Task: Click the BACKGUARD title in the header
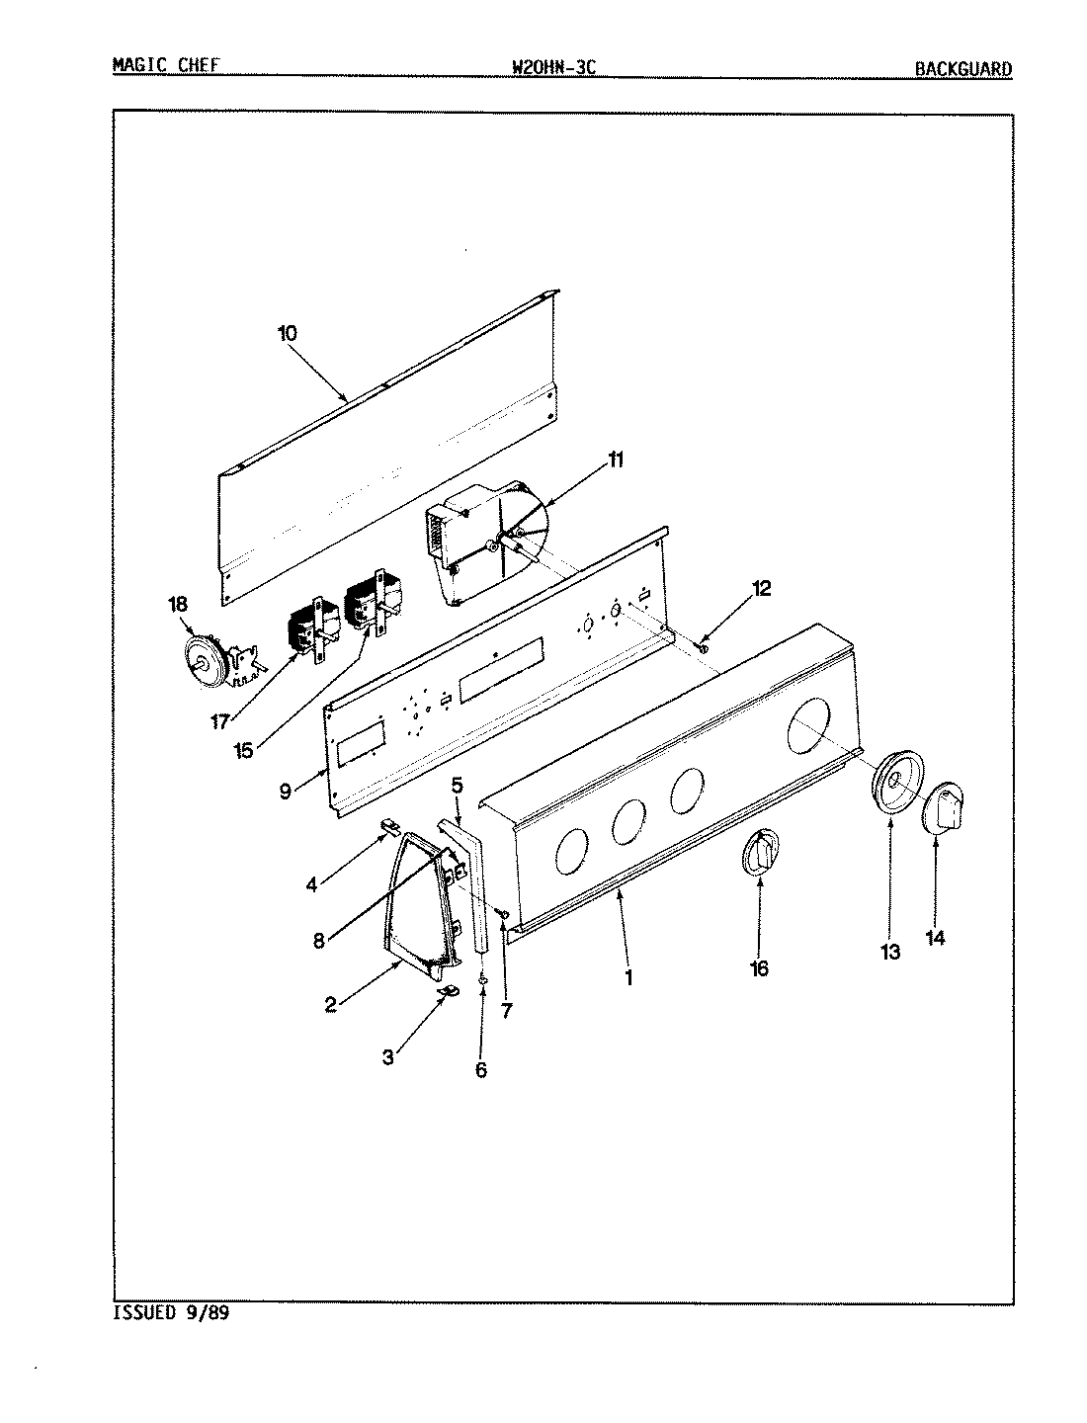coord(962,69)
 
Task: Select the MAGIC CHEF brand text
coord(165,65)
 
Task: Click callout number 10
coord(287,333)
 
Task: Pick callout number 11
coord(616,460)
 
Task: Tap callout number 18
coord(178,604)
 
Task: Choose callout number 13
coord(890,952)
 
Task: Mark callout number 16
coord(759,968)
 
